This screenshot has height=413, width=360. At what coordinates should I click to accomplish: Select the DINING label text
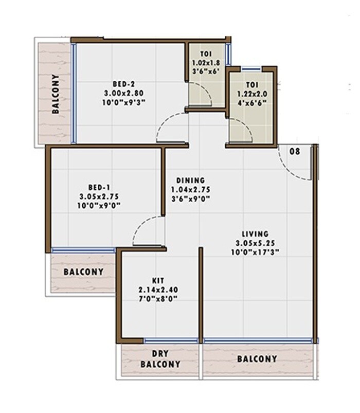(190, 181)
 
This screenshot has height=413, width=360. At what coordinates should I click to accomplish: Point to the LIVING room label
(254, 234)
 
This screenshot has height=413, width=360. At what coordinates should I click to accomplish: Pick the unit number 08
(295, 151)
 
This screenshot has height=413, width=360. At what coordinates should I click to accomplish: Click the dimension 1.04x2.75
(190, 189)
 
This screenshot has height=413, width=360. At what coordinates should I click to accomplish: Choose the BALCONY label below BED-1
(83, 272)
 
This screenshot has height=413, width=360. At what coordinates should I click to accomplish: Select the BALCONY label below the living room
(257, 359)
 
